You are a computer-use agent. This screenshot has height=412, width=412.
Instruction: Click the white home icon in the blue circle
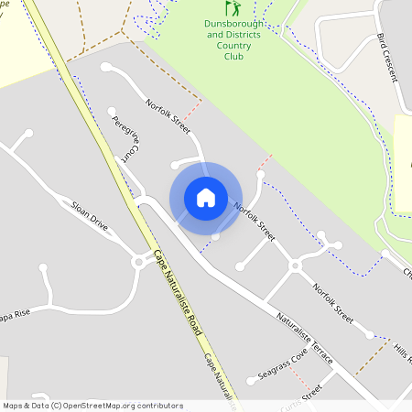coord(206,197)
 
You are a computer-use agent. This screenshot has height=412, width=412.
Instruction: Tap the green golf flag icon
coord(232,7)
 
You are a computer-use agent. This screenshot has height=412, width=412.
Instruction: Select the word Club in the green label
coord(233,56)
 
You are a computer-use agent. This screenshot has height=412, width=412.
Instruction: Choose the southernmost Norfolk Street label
coord(331,301)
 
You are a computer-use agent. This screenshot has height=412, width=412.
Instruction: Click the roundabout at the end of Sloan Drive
coord(139,261)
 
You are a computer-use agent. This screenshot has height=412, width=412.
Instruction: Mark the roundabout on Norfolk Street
coord(295,266)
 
